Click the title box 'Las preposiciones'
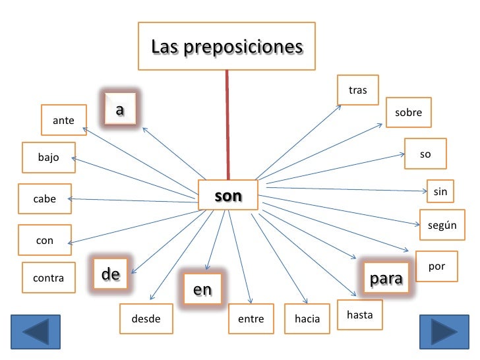coord(226,47)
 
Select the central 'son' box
coord(227,196)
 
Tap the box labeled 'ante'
coord(63,120)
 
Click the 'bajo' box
coord(48,157)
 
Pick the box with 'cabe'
coord(45,198)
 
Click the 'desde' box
coord(146,319)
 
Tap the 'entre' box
coord(251,319)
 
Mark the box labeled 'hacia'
coord(307,319)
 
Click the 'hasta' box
coord(359,315)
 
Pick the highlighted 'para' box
coord(386,279)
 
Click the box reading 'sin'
coord(440,192)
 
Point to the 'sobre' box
coord(409,113)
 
